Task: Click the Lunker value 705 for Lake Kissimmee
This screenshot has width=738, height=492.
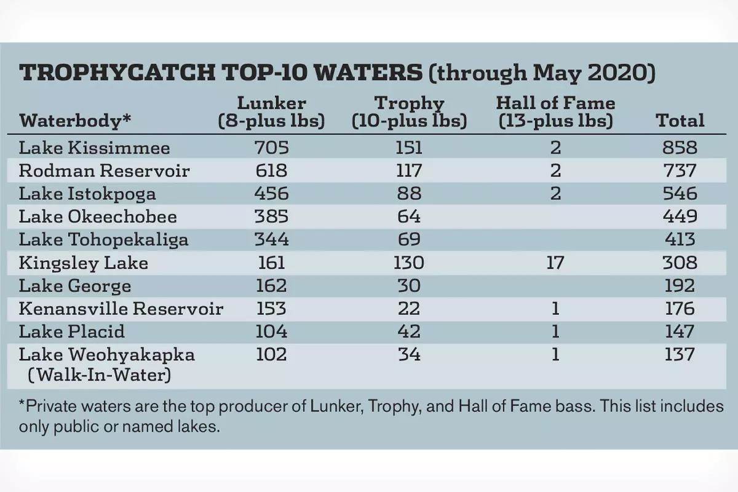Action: [x=271, y=148]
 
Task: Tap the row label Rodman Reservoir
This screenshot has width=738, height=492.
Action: [x=104, y=171]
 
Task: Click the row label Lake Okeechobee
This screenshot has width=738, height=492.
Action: [x=98, y=216]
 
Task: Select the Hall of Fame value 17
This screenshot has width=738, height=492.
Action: [x=555, y=263]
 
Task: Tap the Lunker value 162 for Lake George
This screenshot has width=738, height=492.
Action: [x=271, y=286]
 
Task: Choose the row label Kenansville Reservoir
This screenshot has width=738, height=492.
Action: [x=121, y=309]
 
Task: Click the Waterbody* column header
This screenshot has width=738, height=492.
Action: [x=75, y=121]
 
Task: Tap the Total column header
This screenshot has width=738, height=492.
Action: [x=680, y=121]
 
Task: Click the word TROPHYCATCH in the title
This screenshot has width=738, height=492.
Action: [x=116, y=73]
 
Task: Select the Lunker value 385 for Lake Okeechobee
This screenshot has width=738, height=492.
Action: [x=271, y=216]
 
